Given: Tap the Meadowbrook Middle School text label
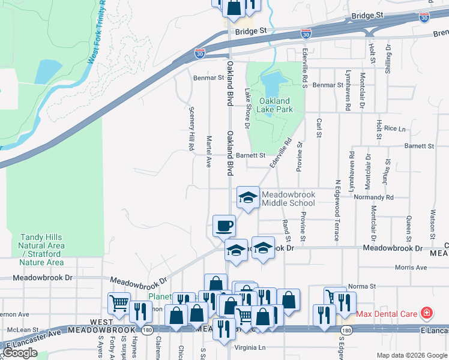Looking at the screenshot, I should [288, 199].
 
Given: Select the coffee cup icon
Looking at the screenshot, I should [224, 226].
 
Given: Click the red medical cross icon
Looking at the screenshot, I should [426, 313].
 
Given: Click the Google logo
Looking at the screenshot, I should [20, 353].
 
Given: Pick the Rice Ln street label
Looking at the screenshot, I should [394, 128].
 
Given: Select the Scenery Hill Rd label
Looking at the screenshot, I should [191, 128].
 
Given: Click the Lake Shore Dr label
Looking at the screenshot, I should [247, 108].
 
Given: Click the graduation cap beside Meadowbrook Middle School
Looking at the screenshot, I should [247, 197].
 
